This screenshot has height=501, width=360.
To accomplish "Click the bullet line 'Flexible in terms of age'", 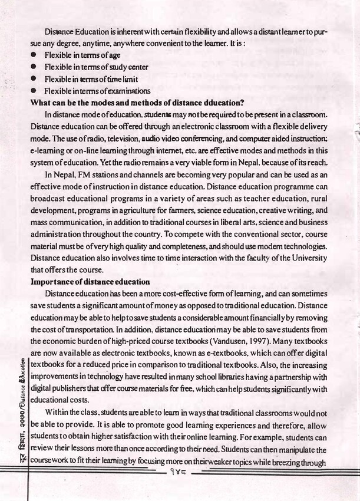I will point(81,55).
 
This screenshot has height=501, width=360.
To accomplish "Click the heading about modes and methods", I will point(137,103).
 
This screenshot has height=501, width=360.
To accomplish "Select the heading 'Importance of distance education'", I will point(90,281).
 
